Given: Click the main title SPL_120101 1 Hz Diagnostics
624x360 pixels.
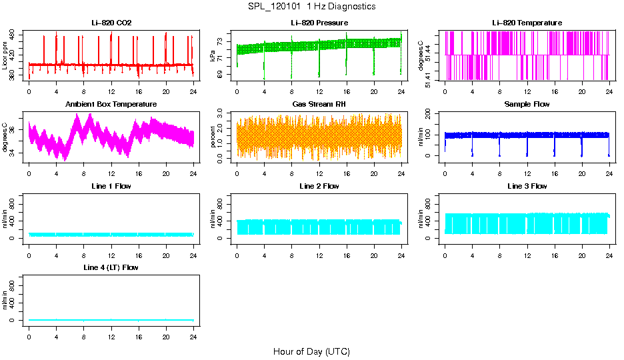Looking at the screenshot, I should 311,7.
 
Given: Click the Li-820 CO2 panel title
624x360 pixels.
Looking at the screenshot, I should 111,23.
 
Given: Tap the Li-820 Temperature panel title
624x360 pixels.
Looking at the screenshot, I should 527,23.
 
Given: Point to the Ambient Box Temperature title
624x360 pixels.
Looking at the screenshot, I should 111,105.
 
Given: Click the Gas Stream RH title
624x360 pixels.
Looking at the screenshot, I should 319,105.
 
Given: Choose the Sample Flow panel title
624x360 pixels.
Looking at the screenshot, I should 527,105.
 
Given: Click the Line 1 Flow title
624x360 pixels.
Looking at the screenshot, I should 111,186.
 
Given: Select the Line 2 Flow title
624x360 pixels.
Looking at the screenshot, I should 319,186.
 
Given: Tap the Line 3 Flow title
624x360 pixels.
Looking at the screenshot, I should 527,186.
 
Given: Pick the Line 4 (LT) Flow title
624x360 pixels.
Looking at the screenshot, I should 111,267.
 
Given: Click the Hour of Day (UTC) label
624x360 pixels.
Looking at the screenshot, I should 311,351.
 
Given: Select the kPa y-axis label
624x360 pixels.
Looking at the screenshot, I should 213,57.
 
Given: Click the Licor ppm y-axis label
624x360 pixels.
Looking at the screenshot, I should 5,56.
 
